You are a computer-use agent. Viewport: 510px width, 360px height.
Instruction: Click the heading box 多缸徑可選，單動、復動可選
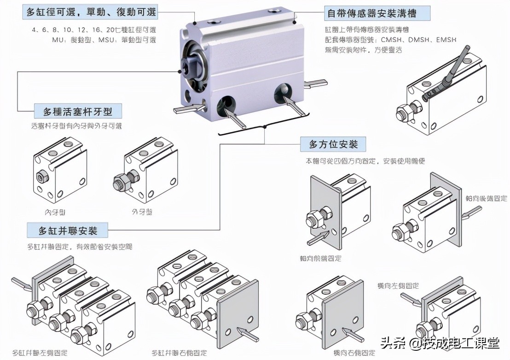91,12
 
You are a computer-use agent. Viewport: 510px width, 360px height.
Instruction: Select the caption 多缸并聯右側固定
179,353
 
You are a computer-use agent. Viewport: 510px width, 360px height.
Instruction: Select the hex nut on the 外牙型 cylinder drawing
121,183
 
